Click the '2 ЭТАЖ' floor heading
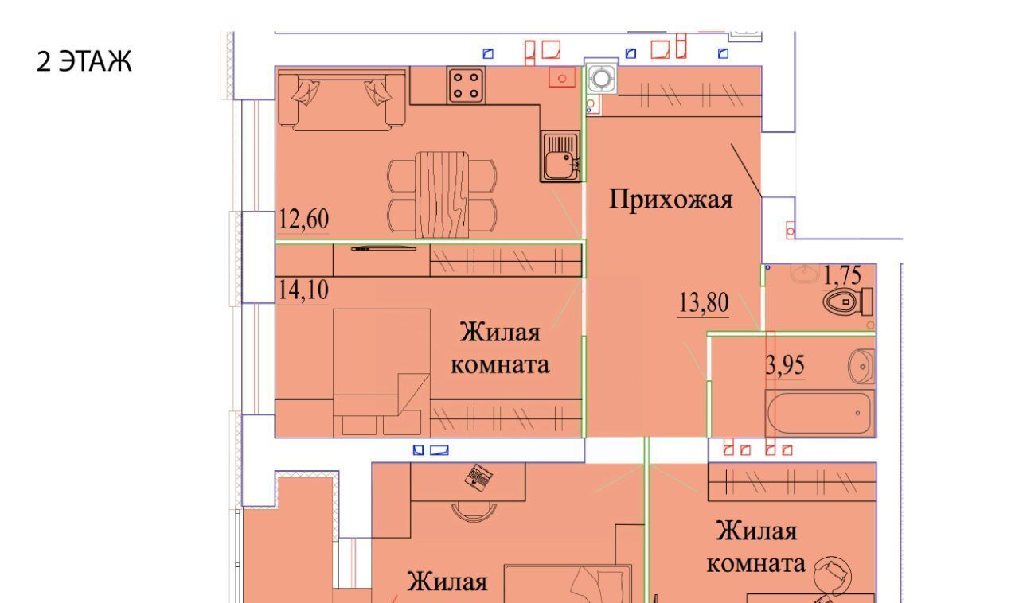pyautogui.click(x=84, y=61)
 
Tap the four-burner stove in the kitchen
pyautogui.click(x=466, y=85)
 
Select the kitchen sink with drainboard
pyautogui.click(x=560, y=157)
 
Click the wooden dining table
pyautogui.click(x=442, y=195)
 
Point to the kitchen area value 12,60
pyautogui.click(x=303, y=219)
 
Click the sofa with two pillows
pyautogui.click(x=342, y=100)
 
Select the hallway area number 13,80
pyautogui.click(x=704, y=302)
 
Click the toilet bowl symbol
pyautogui.click(x=848, y=301)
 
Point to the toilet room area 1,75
pyautogui.click(x=842, y=275)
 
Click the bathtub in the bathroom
pyautogui.click(x=820, y=413)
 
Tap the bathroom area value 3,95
pyautogui.click(x=785, y=364)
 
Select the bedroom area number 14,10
pyautogui.click(x=303, y=290)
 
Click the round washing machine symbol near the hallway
pyautogui.click(x=601, y=79)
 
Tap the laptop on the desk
pyautogui.click(x=478, y=477)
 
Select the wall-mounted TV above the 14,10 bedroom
pyautogui.click(x=384, y=248)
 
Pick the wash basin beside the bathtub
pyautogui.click(x=861, y=366)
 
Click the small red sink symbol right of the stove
pyautogui.click(x=562, y=77)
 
